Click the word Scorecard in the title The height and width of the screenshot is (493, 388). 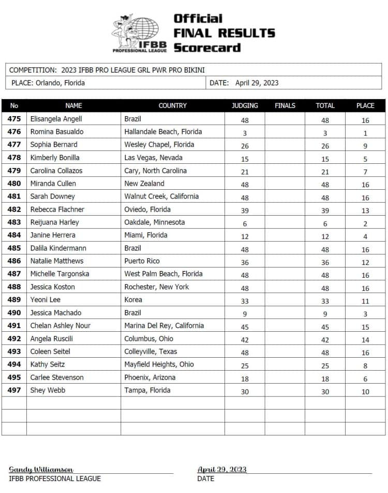207,48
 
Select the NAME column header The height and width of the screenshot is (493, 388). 73,105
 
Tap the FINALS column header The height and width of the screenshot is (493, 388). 285,105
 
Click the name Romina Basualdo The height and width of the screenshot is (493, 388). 57,132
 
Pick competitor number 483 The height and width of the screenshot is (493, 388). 14,222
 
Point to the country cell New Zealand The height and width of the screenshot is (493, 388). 144,184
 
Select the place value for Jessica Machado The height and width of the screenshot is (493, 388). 365,313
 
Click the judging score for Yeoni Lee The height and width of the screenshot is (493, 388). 245,300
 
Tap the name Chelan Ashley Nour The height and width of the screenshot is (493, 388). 61,326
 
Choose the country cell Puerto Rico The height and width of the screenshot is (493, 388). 142,261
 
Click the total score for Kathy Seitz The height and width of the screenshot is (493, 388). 325,365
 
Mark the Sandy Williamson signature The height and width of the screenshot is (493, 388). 41,469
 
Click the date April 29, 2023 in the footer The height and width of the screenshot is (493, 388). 222,469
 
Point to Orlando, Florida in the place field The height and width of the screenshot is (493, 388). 60,83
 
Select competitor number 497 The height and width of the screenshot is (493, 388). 14,390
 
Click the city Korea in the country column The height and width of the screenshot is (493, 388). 133,300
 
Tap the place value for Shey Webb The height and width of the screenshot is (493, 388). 365,391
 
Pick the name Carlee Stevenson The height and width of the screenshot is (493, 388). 57,377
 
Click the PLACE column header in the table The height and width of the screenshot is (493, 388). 365,105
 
